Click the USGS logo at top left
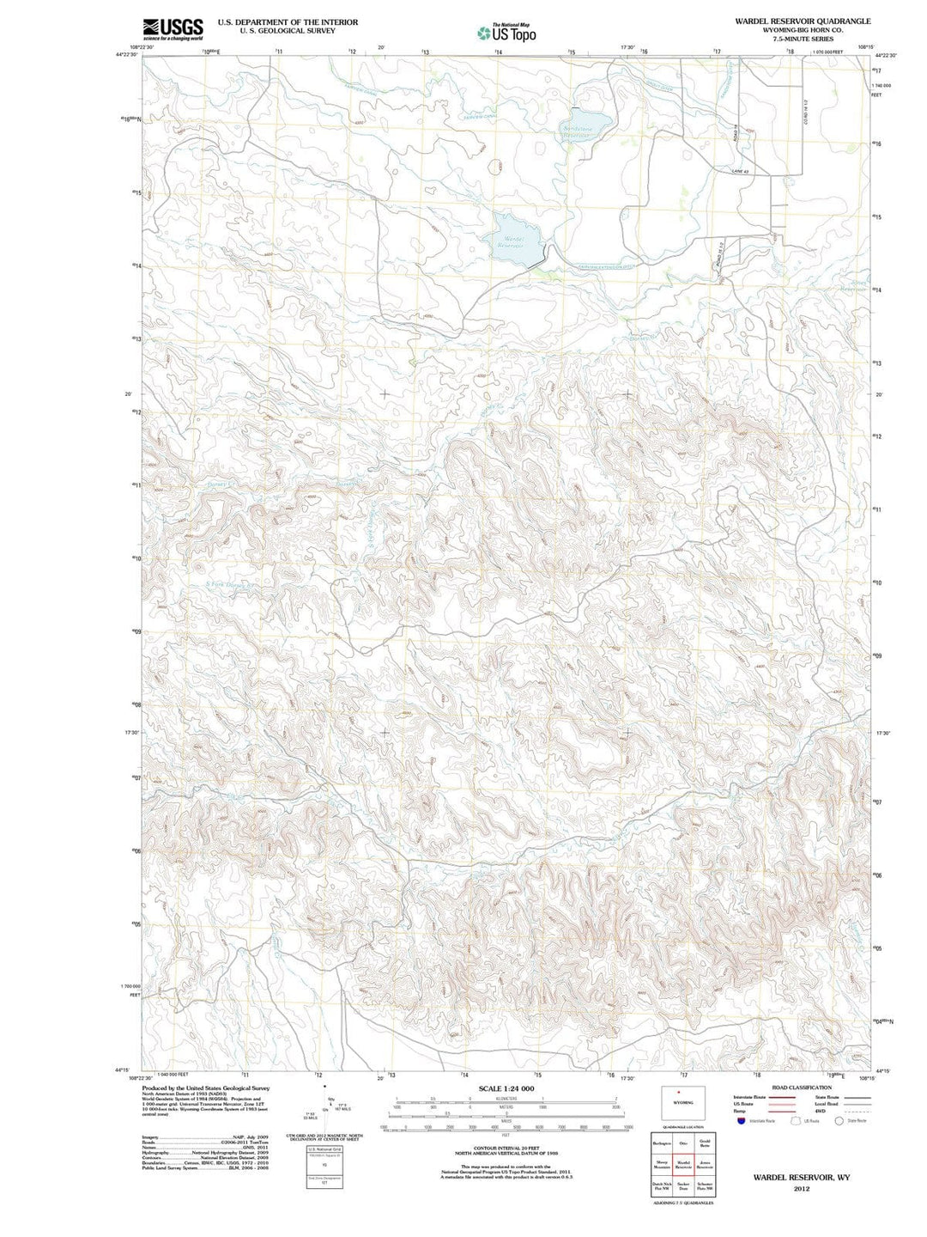click(x=173, y=28)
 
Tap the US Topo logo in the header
click(x=506, y=33)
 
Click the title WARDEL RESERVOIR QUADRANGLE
click(x=802, y=21)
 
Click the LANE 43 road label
click(x=741, y=172)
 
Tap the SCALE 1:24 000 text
click(x=506, y=1088)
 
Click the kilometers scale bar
click(x=506, y=1100)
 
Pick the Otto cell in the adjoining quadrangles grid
click(x=683, y=1143)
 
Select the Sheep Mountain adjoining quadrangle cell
click(x=661, y=1165)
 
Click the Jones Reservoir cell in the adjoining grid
click(x=705, y=1165)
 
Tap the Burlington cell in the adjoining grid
click(x=661, y=1143)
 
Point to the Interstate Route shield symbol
click(x=741, y=1121)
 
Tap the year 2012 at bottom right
click(x=802, y=1189)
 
